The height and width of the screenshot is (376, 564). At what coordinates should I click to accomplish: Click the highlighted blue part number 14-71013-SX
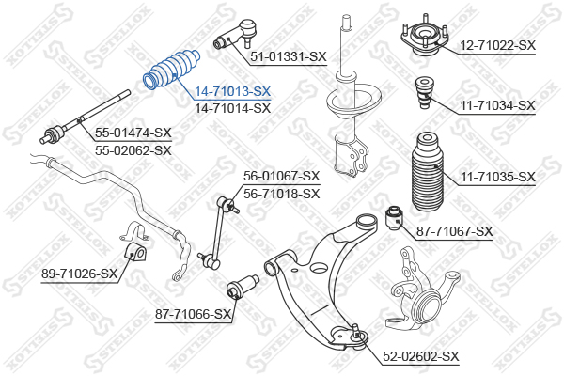coord(232,92)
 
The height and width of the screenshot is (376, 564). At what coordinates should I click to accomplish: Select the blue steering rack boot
coord(172,69)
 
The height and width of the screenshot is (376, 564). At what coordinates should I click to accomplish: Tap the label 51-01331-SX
coord(289,56)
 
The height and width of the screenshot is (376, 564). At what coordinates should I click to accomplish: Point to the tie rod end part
coord(236,35)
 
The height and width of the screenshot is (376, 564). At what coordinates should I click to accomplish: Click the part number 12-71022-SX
coord(498,45)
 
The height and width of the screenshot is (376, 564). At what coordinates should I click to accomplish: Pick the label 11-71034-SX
coord(498,105)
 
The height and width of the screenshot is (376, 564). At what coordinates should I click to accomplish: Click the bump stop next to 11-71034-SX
coord(425,92)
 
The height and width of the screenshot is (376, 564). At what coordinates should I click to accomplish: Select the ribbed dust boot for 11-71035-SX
coord(427,172)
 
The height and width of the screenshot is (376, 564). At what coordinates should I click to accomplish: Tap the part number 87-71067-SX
coord(455,231)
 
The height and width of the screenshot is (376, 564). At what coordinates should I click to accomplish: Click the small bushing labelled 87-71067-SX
coord(395,217)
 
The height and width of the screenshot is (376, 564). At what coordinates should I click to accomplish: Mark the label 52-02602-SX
coord(421,356)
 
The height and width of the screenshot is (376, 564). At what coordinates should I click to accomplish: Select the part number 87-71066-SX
coord(193,314)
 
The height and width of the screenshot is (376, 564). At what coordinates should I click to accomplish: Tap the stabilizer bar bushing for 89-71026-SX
coord(134,252)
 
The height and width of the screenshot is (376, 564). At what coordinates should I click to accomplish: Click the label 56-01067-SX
coord(282,176)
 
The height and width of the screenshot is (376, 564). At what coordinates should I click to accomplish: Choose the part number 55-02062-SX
coord(133,150)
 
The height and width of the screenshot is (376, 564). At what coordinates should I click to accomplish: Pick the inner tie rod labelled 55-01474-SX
coord(85,117)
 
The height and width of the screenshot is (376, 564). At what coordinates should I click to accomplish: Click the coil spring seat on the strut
coord(354,101)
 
